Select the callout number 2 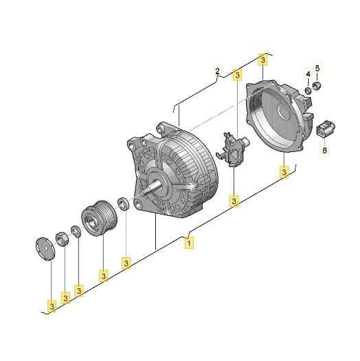[217, 72]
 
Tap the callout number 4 [307, 74]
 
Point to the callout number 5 [317, 68]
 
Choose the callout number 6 [325, 150]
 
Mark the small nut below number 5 [318, 86]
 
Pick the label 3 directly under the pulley [104, 276]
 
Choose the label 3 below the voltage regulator [234, 201]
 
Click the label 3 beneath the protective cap [52, 304]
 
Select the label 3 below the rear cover [284, 171]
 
